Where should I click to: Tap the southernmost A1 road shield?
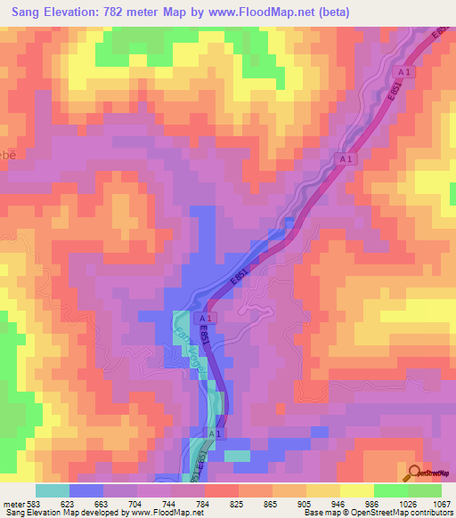coord(213,433)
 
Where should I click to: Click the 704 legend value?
coord(138,503)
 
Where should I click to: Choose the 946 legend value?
coord(341,503)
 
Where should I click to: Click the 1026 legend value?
coord(408,503)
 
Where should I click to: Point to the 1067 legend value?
coord(442,503)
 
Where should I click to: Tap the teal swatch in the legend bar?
coord(53,490)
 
